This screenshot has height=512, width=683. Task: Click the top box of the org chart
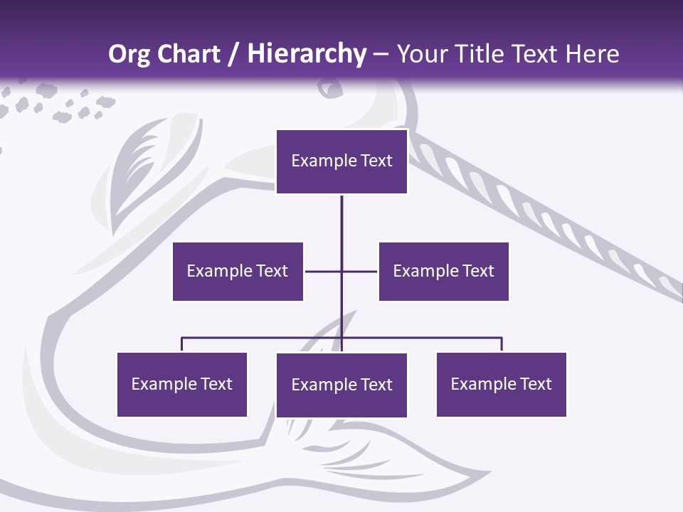coord(341,161)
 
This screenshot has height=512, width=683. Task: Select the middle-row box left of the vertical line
coord(238,271)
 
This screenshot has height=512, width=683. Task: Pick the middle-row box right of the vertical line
coord(443,271)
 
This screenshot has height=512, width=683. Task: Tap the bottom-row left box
coord(181,384)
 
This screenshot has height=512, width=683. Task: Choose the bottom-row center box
coord(341,385)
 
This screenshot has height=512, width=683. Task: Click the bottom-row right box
coord(501,384)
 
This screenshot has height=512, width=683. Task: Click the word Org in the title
coord(128,54)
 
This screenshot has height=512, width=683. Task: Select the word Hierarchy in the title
coord(306,54)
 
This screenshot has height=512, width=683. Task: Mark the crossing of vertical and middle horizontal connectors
coord(341,271)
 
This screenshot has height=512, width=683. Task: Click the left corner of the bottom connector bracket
coord(182,338)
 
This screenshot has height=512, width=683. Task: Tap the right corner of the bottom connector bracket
coord(502,338)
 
